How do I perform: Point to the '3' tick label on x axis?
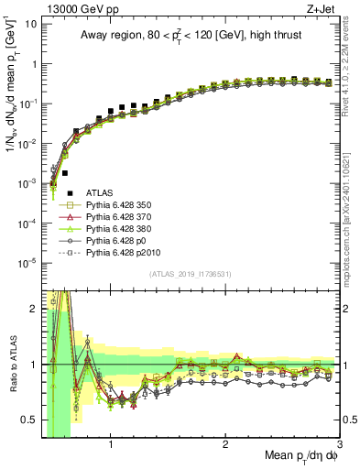339,445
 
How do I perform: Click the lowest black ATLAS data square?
54,193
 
